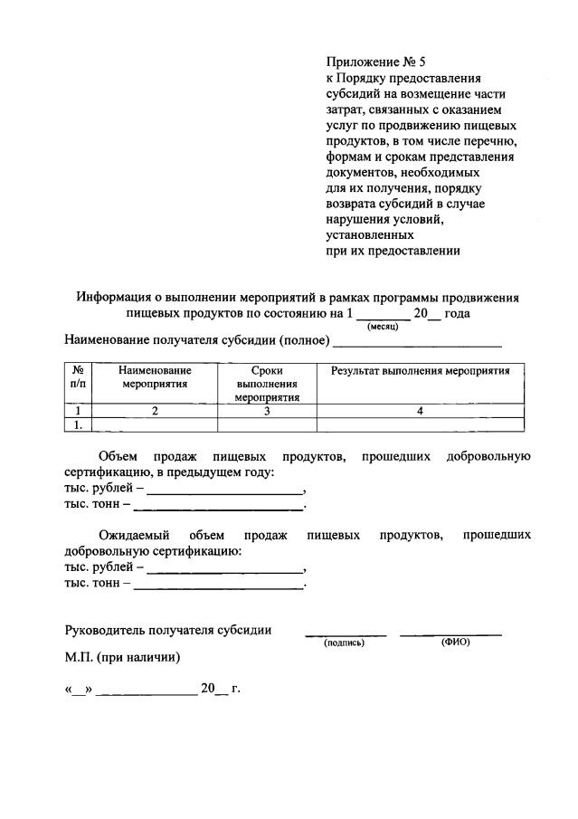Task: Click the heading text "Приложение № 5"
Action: point(374,62)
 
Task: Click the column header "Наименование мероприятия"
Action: point(155,376)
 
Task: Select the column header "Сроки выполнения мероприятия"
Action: point(267,384)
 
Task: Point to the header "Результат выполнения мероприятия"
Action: point(420,370)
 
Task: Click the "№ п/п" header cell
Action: point(79,376)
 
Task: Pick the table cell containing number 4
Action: point(420,411)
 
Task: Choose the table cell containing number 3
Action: point(267,411)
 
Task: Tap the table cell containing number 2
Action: point(155,411)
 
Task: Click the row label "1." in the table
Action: point(79,424)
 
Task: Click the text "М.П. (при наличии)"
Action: point(123,657)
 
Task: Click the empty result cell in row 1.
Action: point(420,424)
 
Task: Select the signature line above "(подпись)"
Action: point(345,633)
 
